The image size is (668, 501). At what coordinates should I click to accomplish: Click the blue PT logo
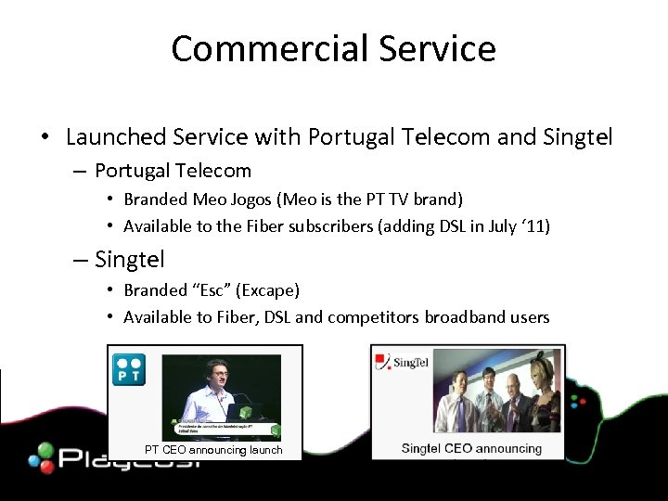(127, 368)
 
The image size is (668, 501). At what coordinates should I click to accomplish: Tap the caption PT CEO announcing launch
(213, 450)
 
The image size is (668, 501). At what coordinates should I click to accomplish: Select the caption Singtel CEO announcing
(471, 449)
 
